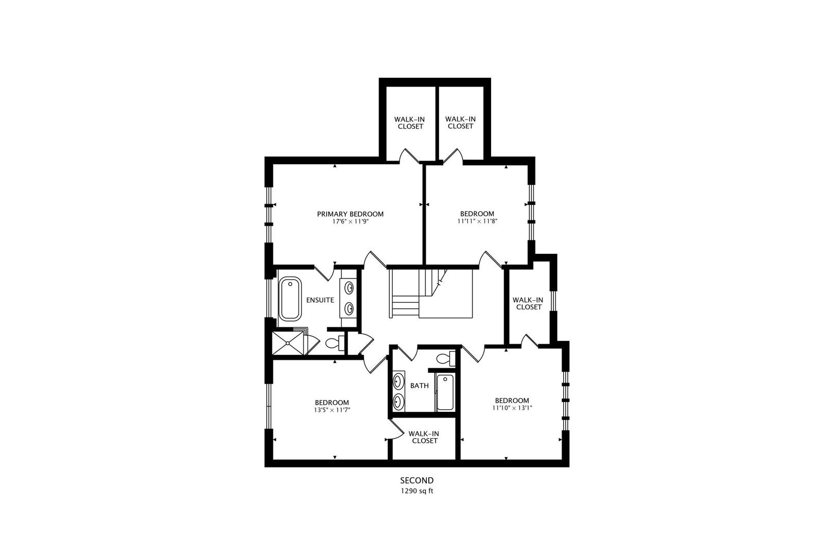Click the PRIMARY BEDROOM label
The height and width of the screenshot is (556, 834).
pos(350,214)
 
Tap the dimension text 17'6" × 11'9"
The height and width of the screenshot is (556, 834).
pos(350,222)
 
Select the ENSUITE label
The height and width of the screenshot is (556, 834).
pos(320,300)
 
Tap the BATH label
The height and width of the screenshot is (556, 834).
pos(419,386)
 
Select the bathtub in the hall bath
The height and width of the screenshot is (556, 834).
pos(445,393)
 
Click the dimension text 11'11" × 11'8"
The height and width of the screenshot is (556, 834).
pos(477,221)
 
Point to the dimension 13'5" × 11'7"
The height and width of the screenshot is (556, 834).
pos(332,410)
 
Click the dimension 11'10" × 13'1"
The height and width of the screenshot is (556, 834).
pos(512,408)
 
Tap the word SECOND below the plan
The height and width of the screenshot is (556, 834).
pos(417,481)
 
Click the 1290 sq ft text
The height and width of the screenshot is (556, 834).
pos(417,491)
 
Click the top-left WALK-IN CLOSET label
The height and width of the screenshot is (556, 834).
pos(410,123)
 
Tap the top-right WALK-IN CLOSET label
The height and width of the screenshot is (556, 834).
pos(460,123)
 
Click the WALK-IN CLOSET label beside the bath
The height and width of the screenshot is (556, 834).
pos(425,437)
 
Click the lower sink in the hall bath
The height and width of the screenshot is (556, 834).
pos(398,401)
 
